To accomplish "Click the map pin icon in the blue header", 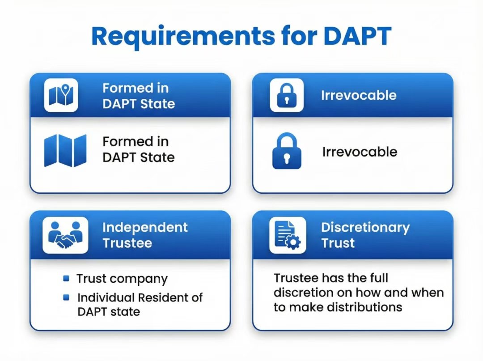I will pyautogui.click(x=61, y=95).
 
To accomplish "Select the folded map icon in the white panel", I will pyautogui.click(x=65, y=150).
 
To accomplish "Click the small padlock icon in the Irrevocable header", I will pyautogui.click(x=287, y=95).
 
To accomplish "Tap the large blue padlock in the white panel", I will pyautogui.click(x=287, y=151).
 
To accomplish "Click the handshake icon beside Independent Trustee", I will pyautogui.click(x=65, y=235).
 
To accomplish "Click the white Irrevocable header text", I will pyautogui.click(x=359, y=95).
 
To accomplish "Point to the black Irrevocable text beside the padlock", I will pyautogui.click(x=360, y=152).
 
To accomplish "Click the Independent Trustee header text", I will pyautogui.click(x=145, y=235).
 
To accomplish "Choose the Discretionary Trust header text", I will pyautogui.click(x=365, y=235).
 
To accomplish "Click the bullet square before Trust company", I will pyautogui.click(x=67, y=279).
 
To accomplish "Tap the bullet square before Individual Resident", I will pyautogui.click(x=67, y=297).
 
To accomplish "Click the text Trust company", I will pyautogui.click(x=122, y=279).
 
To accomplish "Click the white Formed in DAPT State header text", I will pyautogui.click(x=139, y=96).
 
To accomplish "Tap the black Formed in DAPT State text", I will pyautogui.click(x=139, y=149).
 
